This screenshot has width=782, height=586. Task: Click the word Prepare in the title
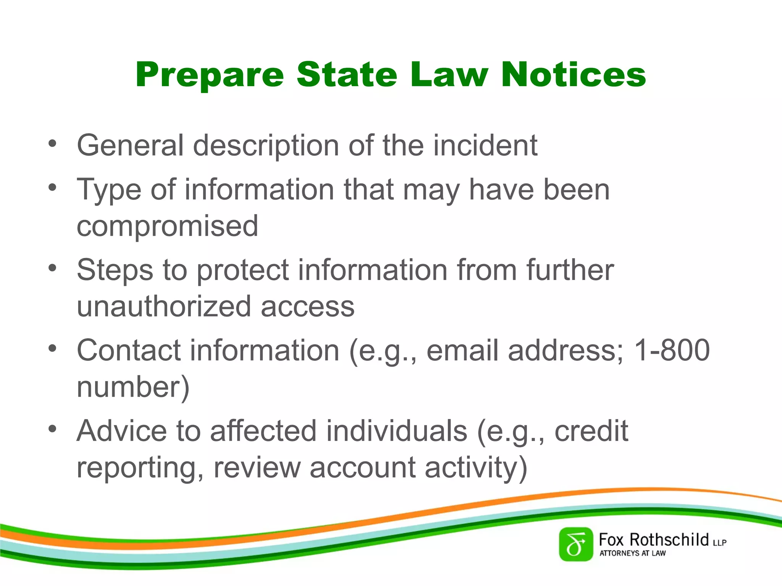(x=210, y=75)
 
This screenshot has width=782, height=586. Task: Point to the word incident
(x=485, y=145)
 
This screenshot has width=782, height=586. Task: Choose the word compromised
(x=167, y=225)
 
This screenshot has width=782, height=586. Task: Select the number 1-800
(x=671, y=350)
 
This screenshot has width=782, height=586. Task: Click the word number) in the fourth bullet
(x=133, y=387)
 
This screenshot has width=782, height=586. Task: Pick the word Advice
(x=122, y=431)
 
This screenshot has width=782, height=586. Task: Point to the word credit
(x=591, y=431)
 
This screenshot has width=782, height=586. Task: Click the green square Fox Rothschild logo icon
(x=576, y=544)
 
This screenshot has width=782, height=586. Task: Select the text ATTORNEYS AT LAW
(x=632, y=553)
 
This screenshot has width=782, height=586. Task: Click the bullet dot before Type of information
(x=52, y=187)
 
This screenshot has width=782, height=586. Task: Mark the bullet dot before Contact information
(x=52, y=348)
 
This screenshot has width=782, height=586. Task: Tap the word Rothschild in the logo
(x=669, y=540)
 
